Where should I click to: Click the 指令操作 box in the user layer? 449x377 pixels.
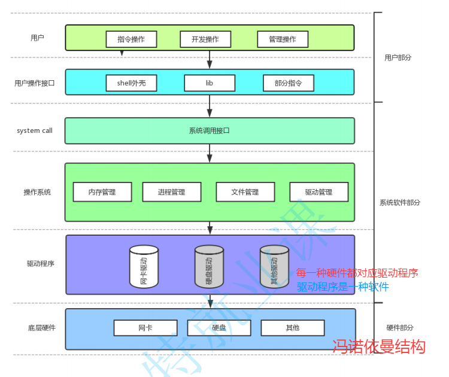pos(131,39)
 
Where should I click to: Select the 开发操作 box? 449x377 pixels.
pos(205,39)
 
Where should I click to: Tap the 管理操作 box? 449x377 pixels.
pos(283,39)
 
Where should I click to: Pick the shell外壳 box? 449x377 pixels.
pos(131,83)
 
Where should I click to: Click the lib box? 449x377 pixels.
pos(210,83)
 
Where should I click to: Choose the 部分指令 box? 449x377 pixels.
pos(288,83)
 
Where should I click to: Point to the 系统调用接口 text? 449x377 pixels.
pos(210,130)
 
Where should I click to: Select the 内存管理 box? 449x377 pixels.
pos(102,192)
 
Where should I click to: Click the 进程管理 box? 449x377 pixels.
pos(172,192)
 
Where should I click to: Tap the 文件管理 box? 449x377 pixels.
pos(245,192)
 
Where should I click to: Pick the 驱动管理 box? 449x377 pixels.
pos(318,192)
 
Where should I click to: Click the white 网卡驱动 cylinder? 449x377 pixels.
pos(144,267)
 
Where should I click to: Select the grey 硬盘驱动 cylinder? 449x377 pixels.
pos(209,267)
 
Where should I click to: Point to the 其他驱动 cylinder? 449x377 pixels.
pos(275,267)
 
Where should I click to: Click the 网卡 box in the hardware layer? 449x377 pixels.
pos(145,328)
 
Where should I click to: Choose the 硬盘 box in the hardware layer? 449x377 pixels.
pos(219,328)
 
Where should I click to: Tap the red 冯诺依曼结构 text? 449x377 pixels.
pos(379,346)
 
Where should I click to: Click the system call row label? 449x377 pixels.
pos(35,130)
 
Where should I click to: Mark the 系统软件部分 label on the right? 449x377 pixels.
pos(400,202)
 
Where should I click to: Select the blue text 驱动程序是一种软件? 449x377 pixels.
pos(343,287)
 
